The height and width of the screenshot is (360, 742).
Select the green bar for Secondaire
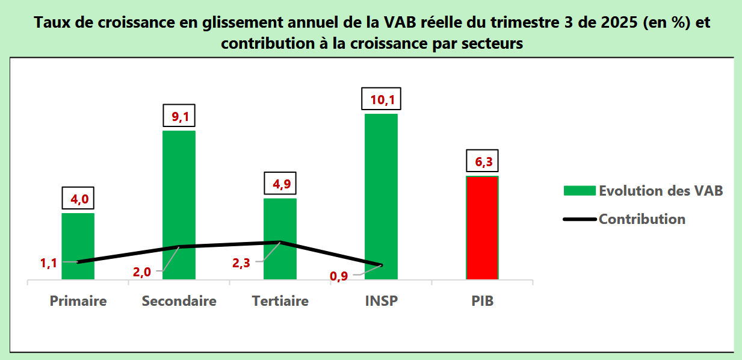(179, 205)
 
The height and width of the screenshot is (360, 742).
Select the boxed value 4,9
(280, 184)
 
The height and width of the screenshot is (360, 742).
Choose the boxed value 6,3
(483, 162)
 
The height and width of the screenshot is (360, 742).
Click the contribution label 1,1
(48, 263)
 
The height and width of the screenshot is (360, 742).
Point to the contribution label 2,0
(142, 272)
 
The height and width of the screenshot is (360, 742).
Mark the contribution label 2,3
(242, 262)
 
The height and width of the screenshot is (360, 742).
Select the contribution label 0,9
(338, 276)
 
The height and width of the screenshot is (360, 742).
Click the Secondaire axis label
(179, 301)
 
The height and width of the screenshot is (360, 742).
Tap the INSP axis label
(382, 301)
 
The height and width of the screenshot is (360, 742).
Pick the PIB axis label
(483, 301)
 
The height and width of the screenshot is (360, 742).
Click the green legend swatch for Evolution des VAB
(580, 191)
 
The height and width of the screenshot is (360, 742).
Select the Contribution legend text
(642, 219)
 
